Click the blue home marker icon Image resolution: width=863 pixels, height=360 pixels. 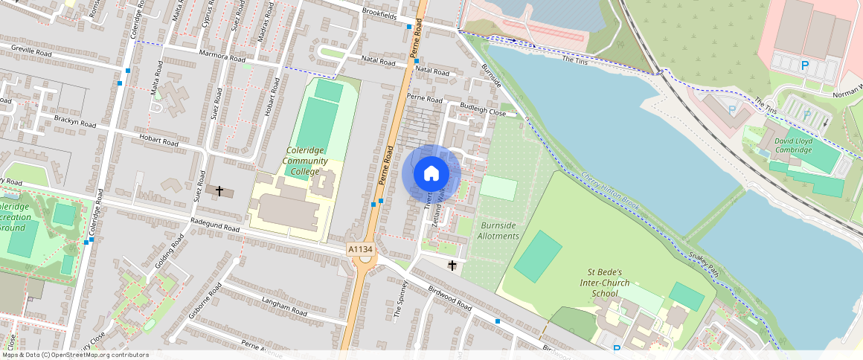click(x=431, y=174)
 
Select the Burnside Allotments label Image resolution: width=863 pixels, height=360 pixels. click(x=498, y=231)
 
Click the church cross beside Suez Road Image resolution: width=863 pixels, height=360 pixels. click(x=219, y=191)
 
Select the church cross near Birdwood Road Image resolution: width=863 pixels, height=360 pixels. click(x=452, y=265)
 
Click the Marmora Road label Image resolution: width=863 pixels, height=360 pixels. click(x=222, y=57)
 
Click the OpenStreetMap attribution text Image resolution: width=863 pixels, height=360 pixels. click(x=74, y=355)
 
